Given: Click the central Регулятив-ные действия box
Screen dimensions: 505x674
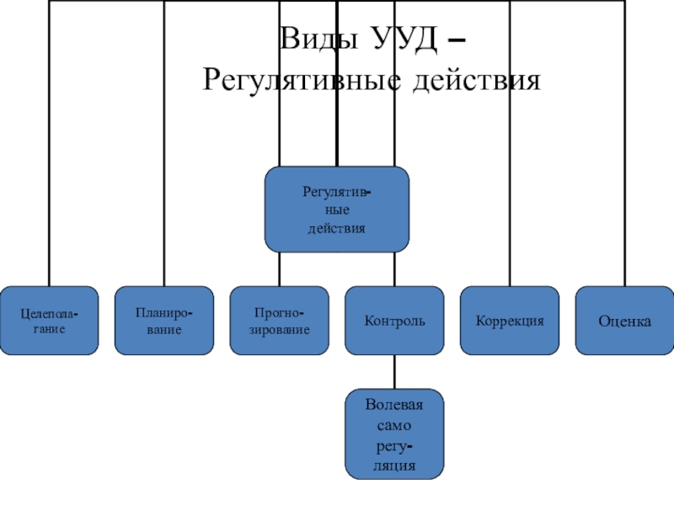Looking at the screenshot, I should [337, 210].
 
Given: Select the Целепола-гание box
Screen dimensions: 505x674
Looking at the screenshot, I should [50, 321].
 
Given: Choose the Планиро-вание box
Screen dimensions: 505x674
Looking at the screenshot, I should [164, 321].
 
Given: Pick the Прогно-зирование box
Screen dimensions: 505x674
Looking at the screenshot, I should [279, 321].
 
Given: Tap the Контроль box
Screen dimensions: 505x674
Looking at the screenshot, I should [394, 321].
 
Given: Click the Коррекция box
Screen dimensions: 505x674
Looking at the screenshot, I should [510, 321].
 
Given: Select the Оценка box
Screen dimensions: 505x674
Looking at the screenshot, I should [624, 321].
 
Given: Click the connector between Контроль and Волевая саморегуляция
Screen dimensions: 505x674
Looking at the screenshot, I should [394, 370].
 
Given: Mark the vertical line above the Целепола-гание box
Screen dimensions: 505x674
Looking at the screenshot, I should [50, 168].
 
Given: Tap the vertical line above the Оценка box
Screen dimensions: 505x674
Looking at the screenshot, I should [624, 168].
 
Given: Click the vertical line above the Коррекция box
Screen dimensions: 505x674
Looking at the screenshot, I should [510, 168].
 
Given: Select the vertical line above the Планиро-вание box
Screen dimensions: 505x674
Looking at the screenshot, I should [164, 168].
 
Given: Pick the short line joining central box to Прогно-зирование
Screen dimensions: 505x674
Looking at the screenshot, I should [279, 269].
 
